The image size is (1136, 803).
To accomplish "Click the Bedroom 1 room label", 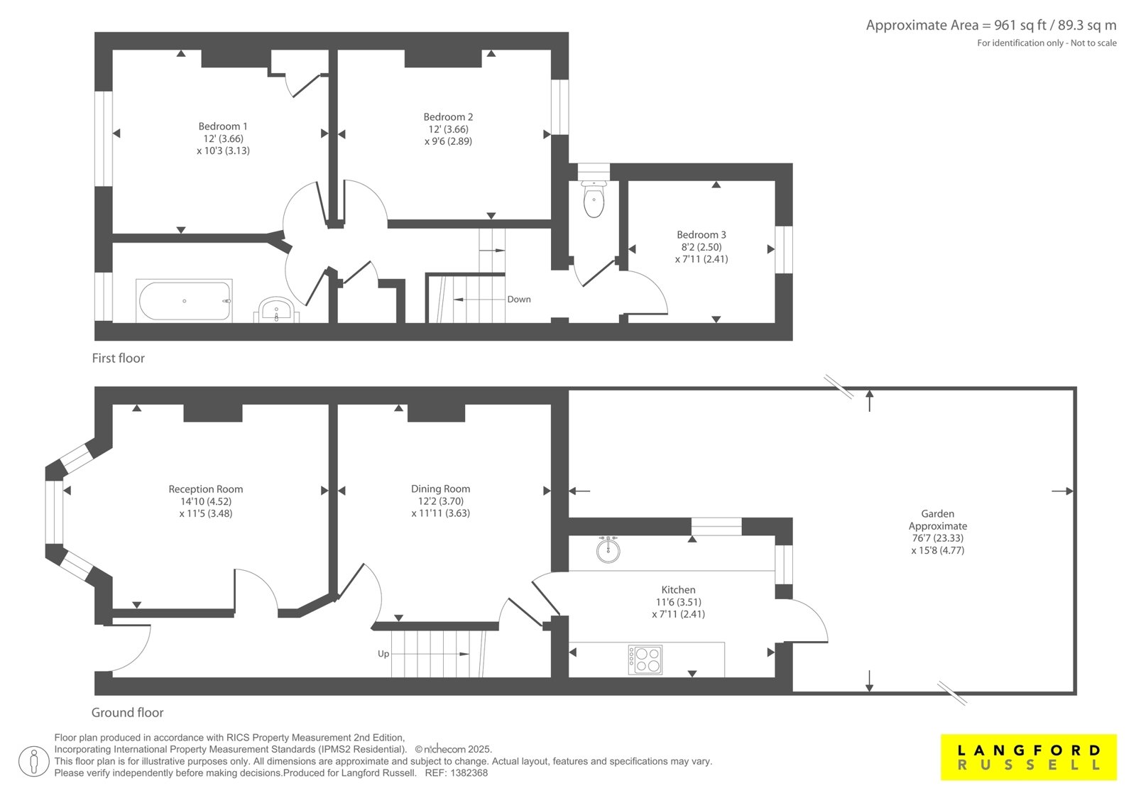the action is click(x=223, y=126).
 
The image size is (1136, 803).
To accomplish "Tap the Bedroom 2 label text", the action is click(x=448, y=117).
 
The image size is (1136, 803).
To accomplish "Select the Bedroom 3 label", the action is click(x=701, y=235).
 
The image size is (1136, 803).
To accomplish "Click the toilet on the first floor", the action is click(x=594, y=198).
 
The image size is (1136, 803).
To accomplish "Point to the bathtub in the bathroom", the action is click(x=184, y=301).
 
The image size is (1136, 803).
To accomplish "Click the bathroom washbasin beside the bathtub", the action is click(x=276, y=310).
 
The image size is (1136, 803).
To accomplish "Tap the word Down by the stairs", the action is click(x=519, y=300).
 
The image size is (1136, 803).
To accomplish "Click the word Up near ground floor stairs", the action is click(x=383, y=654).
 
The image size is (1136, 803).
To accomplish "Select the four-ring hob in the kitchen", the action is click(x=645, y=660).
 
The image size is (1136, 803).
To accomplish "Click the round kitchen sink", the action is click(x=608, y=550).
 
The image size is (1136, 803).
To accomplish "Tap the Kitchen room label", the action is click(x=678, y=590).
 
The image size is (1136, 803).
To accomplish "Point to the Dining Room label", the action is click(x=440, y=489).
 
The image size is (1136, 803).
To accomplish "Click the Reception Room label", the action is click(x=205, y=489).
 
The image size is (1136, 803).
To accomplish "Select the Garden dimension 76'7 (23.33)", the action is click(x=937, y=538).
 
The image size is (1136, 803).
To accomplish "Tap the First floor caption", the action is click(x=118, y=358).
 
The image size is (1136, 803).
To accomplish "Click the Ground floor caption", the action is click(x=127, y=713).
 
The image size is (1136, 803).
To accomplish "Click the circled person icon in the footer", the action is click(x=34, y=761).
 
